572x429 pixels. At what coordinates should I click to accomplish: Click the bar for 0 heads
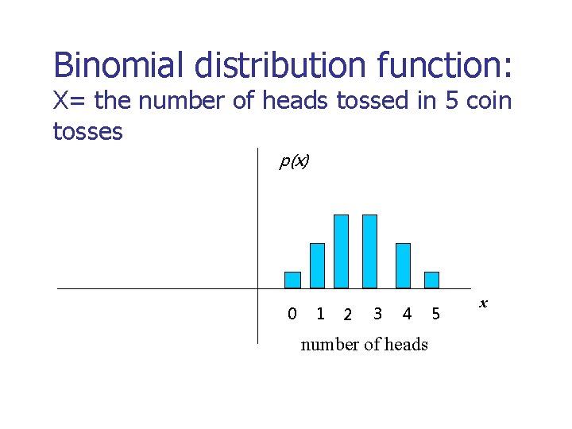click(292, 280)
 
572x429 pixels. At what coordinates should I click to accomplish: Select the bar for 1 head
click(317, 265)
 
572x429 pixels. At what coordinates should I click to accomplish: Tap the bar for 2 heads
click(341, 251)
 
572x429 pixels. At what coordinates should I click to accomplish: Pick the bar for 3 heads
click(369, 251)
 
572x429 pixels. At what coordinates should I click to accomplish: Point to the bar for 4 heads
click(403, 265)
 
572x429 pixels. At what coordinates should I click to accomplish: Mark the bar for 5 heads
click(431, 280)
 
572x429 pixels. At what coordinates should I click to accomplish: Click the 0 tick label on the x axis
click(292, 314)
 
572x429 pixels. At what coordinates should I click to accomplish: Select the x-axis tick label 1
click(320, 314)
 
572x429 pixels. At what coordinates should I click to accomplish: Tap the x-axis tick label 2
click(347, 315)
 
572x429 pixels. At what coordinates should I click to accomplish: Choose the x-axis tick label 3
click(377, 314)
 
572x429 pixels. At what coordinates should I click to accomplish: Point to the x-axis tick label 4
click(407, 314)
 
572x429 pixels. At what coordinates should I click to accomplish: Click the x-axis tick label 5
click(435, 314)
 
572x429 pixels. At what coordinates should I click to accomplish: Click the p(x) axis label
click(294, 162)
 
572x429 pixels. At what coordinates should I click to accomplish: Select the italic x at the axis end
click(483, 303)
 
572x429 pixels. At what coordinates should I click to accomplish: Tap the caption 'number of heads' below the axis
click(364, 344)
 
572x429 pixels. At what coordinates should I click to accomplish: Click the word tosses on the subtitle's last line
click(87, 131)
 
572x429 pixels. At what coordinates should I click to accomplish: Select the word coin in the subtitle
click(487, 102)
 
